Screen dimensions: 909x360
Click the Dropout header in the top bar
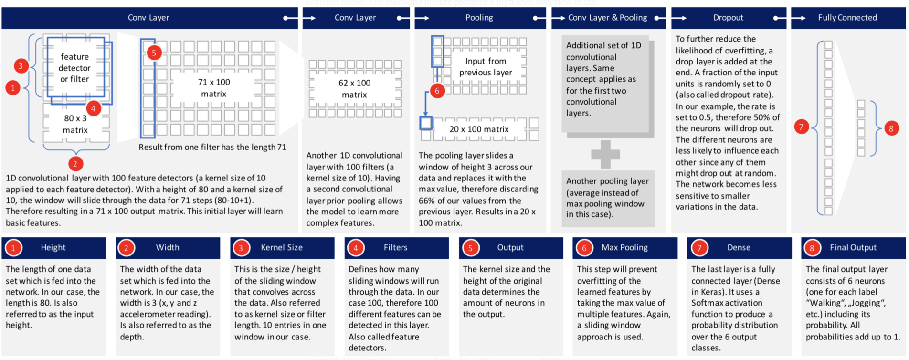pyautogui.click(x=728, y=18)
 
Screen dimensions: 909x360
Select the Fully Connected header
pyautogui.click(x=847, y=18)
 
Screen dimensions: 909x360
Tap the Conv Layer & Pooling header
pyautogui.click(x=607, y=18)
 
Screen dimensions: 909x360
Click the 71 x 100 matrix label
pyautogui.click(x=214, y=88)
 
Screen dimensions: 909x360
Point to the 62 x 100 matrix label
pyautogui.click(x=354, y=89)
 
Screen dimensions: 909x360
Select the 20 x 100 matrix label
pyautogui.click(x=479, y=129)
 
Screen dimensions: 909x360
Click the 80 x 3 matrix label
pyautogui.click(x=75, y=124)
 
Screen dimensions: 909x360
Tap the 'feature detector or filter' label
pyautogui.click(x=74, y=68)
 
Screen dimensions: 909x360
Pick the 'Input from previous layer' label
pyautogui.click(x=486, y=67)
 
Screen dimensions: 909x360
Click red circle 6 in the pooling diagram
pyautogui.click(x=437, y=91)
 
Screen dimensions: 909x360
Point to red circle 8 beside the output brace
pyautogui.click(x=891, y=128)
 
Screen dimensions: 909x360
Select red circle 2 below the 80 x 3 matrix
pyautogui.click(x=75, y=164)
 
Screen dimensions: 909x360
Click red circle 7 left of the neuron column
pyautogui.click(x=801, y=127)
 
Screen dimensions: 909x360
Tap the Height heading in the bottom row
pyautogui.click(x=53, y=247)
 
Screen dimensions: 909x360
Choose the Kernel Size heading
pyautogui.click(x=282, y=247)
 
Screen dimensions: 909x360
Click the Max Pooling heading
pyautogui.click(x=624, y=247)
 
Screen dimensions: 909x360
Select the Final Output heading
pyautogui.click(x=853, y=247)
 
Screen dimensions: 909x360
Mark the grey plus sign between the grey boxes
pyautogui.click(x=605, y=154)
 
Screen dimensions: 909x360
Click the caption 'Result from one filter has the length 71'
pyautogui.click(x=212, y=147)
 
